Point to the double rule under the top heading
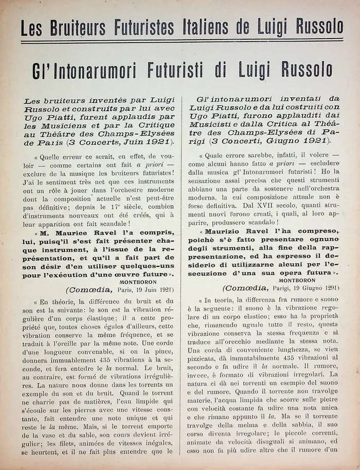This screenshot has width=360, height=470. pos(180,41)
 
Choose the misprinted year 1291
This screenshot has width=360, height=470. pos(328,288)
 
